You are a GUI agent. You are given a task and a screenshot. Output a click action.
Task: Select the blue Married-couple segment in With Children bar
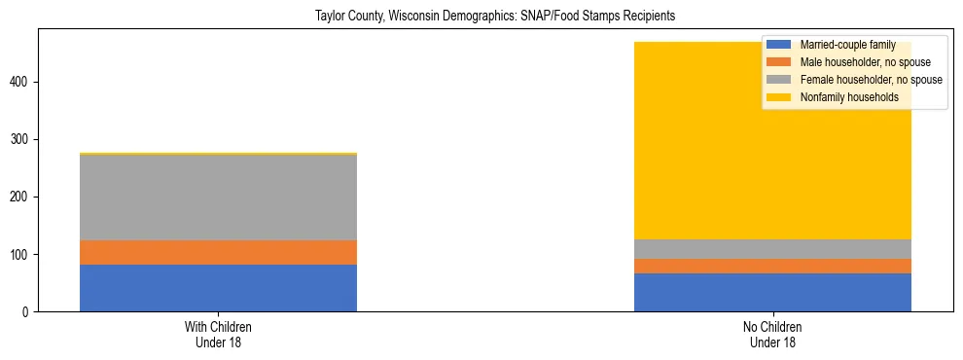(218, 288)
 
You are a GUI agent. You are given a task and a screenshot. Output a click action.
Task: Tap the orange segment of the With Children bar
(218, 252)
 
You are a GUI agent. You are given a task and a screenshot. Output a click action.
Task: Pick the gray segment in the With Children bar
(218, 198)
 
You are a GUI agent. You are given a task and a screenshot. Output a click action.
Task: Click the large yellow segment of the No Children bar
(772, 165)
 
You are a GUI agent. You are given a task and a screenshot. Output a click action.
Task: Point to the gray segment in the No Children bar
(772, 249)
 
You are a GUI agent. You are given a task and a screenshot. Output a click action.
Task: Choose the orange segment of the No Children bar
(772, 266)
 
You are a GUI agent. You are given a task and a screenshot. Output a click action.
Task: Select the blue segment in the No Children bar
(772, 292)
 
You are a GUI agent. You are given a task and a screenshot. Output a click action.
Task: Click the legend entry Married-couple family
(847, 45)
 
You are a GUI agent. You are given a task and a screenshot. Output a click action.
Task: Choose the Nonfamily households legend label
(849, 97)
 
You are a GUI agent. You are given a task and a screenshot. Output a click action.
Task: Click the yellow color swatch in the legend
(779, 97)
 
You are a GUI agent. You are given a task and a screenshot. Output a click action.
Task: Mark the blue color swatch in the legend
(779, 45)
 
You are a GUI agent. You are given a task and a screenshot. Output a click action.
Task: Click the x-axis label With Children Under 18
(218, 335)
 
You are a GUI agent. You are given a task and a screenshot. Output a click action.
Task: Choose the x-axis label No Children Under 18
(772, 335)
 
